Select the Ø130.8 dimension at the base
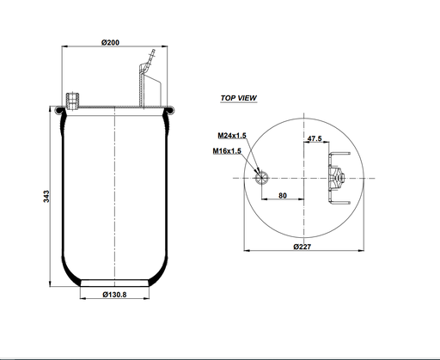pyautogui.click(x=116, y=296)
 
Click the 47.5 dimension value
pyautogui.click(x=313, y=138)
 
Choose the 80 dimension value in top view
pyautogui.click(x=283, y=196)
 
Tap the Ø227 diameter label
pyautogui.click(x=302, y=247)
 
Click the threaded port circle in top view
pyautogui.click(x=263, y=177)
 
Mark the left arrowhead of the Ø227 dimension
pyautogui.click(x=248, y=252)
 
